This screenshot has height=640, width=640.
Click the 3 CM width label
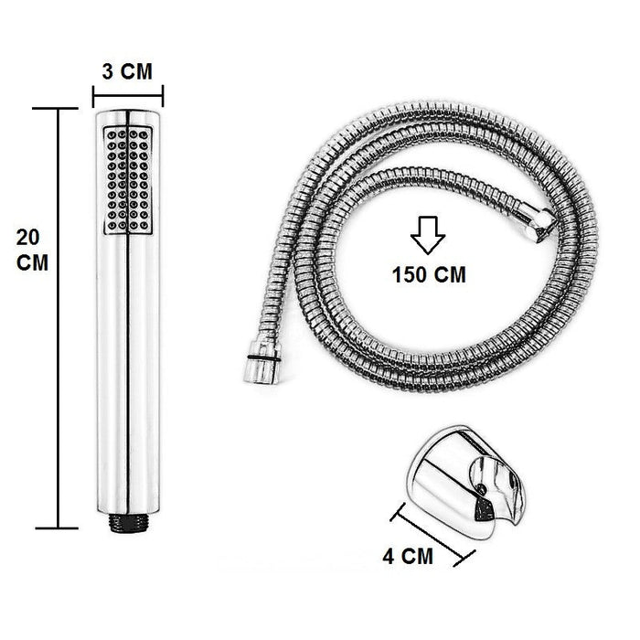[127, 70]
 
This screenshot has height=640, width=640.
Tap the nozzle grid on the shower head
[127, 178]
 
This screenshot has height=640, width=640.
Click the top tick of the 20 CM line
[60, 108]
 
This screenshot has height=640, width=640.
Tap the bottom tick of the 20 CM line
[60, 528]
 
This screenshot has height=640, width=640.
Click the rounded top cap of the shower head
[127, 115]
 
